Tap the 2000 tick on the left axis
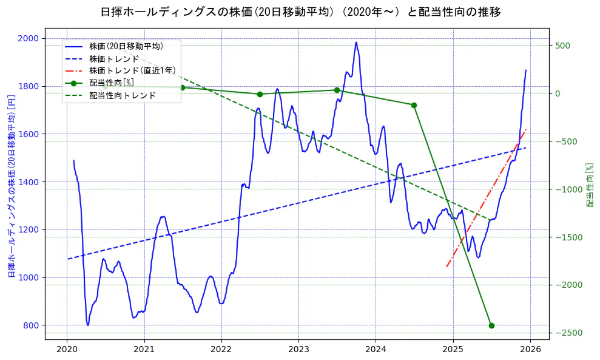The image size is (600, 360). tap(29, 38)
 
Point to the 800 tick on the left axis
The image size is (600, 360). tap(31, 325)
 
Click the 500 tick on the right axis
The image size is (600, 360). tap(562, 46)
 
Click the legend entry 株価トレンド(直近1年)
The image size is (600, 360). tap(125, 70)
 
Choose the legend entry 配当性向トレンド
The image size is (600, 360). tap(122, 95)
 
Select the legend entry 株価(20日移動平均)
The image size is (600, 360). tap(126, 46)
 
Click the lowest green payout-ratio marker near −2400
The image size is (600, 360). tap(491, 325)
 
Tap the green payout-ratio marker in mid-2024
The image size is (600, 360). tap(414, 105)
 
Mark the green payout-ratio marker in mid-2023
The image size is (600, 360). tap(337, 90)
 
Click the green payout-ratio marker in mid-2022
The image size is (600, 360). tap(260, 94)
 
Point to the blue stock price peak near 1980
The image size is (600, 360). tap(356, 42)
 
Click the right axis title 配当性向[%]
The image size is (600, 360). tap(589, 185)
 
